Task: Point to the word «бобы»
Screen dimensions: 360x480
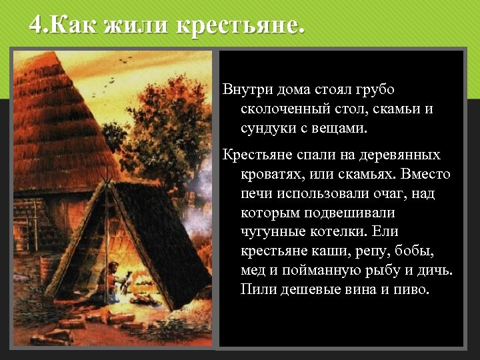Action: pos(413,251)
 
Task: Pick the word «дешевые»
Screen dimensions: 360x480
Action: pos(307,290)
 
